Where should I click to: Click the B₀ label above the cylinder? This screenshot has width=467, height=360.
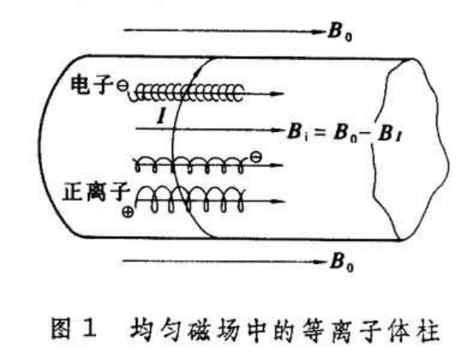coord(340,32)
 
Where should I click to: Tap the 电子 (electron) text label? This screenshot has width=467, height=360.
coord(92,85)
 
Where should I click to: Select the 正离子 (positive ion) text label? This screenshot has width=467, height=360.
coord(96,192)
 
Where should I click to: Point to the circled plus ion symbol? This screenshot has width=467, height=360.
coord(128,212)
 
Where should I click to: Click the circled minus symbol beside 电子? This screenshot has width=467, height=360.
coord(122,86)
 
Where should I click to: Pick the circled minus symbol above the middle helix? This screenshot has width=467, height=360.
coord(256,157)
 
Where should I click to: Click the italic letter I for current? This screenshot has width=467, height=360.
coord(161,117)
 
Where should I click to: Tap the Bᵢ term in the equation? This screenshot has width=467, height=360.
coord(298,132)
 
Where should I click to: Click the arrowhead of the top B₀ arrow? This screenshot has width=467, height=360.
coord(319,31)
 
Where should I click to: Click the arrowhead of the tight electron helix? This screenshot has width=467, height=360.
coord(276,94)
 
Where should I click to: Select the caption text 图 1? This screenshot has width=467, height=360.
coord(74,328)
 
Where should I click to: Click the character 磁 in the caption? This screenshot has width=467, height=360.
coord(198,329)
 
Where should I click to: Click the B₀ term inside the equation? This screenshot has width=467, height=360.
coord(345,133)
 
